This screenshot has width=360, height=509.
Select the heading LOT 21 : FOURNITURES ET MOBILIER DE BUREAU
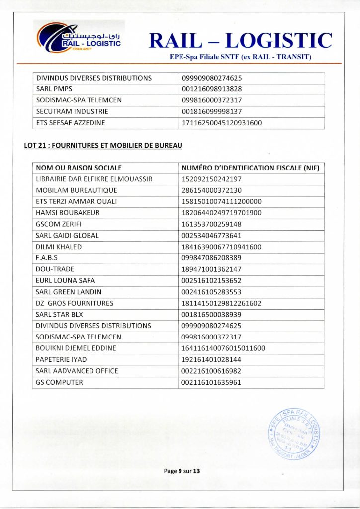tap(103, 146)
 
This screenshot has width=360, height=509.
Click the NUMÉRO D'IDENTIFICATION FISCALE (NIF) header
tap(250, 168)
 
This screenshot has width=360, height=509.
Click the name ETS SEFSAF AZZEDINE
tap(71, 123)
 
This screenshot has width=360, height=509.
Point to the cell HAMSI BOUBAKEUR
tap(68, 213)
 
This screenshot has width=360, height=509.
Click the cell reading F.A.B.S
tap(47, 258)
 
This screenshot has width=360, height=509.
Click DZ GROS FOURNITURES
tap(75, 303)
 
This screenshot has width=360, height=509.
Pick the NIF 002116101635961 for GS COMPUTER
tap(212, 382)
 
